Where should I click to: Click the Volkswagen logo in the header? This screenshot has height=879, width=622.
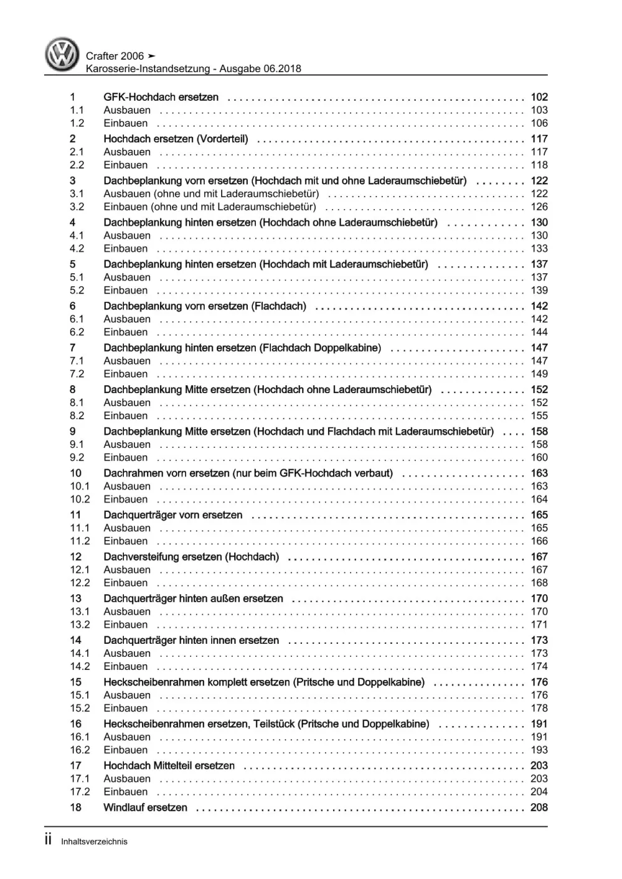click(62, 54)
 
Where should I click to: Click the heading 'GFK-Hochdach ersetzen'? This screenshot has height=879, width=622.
click(161, 97)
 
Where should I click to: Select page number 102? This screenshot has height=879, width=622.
click(539, 97)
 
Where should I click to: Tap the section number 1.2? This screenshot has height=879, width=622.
click(77, 123)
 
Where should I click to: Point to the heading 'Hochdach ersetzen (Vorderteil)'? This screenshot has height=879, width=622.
click(176, 139)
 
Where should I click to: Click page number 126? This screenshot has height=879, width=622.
click(539, 207)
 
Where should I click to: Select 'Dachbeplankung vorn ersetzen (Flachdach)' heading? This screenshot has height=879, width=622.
click(205, 306)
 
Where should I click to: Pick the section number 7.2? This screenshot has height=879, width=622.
click(77, 374)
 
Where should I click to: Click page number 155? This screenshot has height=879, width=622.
click(539, 416)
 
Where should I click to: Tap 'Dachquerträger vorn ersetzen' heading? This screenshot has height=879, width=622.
click(173, 515)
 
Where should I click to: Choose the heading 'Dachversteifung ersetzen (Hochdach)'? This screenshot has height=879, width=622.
click(191, 557)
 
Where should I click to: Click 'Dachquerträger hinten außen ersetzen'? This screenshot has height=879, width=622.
click(193, 598)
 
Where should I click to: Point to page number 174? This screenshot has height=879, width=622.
click(539, 666)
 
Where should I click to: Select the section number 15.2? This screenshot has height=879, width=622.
click(80, 708)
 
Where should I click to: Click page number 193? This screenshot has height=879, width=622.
click(539, 750)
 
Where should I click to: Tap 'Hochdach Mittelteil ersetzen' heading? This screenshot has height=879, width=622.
click(169, 766)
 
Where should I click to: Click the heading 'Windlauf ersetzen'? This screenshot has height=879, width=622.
click(145, 807)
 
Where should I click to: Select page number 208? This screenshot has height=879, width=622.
click(539, 807)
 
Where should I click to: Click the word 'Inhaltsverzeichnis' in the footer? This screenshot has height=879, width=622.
click(94, 842)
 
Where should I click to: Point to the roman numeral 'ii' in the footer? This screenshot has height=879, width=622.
click(48, 840)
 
